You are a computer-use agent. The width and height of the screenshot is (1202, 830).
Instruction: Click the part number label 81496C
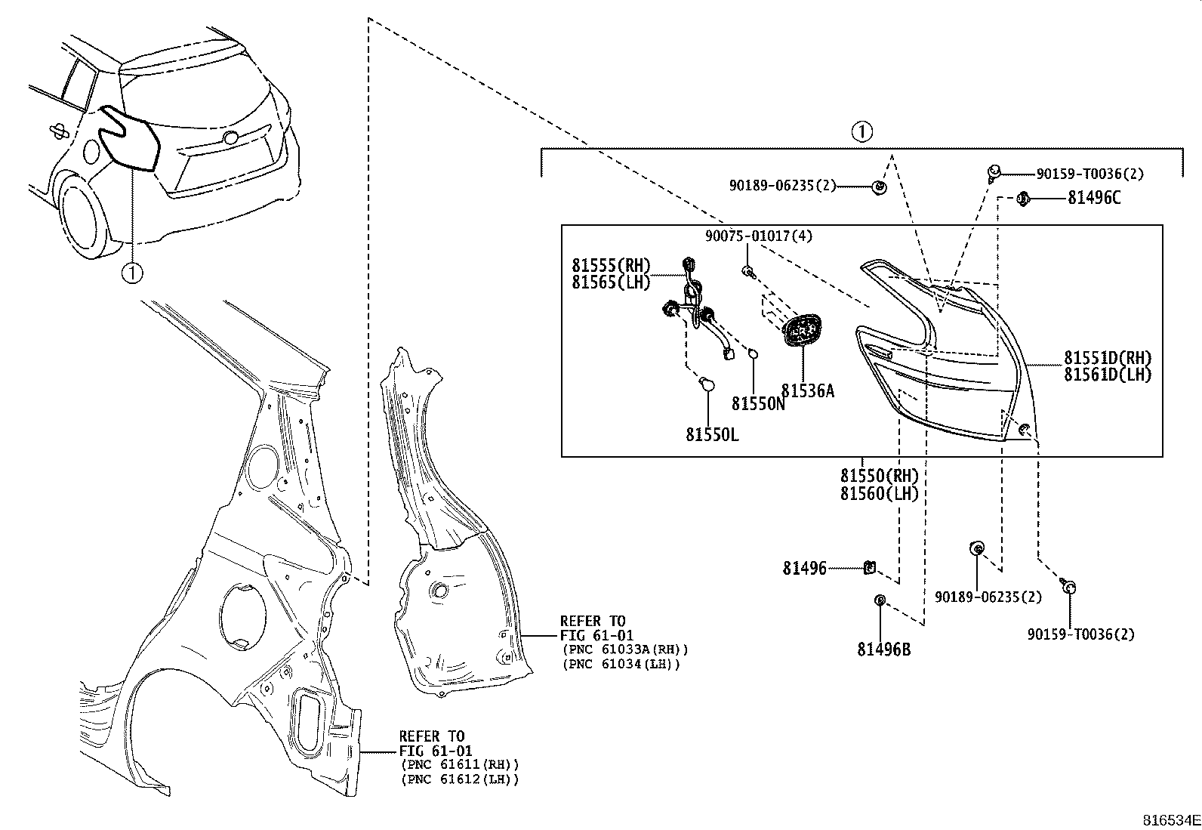click(1094, 198)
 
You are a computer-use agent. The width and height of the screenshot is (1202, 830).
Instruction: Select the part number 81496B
click(883, 649)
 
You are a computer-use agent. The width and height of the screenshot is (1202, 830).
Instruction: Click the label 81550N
click(758, 404)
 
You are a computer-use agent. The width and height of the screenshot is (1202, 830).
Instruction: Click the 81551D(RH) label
click(1108, 358)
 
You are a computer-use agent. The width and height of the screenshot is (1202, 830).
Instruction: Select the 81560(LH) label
click(879, 494)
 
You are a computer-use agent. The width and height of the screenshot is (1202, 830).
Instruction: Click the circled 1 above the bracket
click(861, 132)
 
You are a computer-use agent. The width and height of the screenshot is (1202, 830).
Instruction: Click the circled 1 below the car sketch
click(132, 272)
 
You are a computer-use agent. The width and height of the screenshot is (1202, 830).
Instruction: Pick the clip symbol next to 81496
click(869, 566)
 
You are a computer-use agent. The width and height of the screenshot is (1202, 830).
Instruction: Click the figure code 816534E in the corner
click(1170, 819)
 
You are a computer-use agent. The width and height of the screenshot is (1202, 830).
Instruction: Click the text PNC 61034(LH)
click(621, 664)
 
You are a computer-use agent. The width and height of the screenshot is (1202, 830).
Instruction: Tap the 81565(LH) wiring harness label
click(611, 282)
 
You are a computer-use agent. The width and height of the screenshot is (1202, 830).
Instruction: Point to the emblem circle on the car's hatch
click(230, 138)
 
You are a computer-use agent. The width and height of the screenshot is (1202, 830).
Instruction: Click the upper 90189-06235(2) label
click(782, 184)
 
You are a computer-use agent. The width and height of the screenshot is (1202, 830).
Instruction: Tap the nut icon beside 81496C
click(1024, 199)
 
